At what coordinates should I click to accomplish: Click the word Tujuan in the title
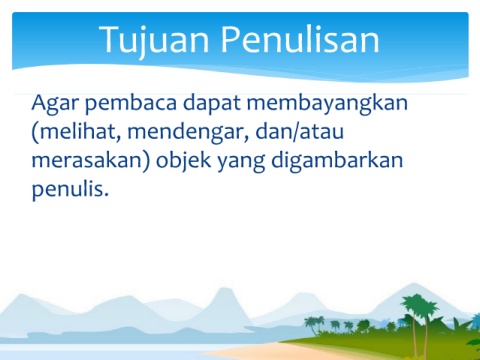click(154, 40)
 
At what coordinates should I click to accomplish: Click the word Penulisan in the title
click(300, 39)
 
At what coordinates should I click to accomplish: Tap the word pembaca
click(131, 104)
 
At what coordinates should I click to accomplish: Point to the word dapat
click(212, 104)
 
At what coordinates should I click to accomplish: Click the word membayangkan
click(327, 104)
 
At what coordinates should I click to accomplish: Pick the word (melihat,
click(76, 132)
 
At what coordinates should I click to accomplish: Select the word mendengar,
click(188, 133)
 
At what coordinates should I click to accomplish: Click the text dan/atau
click(299, 132)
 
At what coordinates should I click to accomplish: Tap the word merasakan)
click(91, 161)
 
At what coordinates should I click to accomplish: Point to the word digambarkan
click(337, 161)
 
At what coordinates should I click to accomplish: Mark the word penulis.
click(70, 190)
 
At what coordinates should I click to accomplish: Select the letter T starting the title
click(111, 39)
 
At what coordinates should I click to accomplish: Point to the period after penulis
click(106, 194)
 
